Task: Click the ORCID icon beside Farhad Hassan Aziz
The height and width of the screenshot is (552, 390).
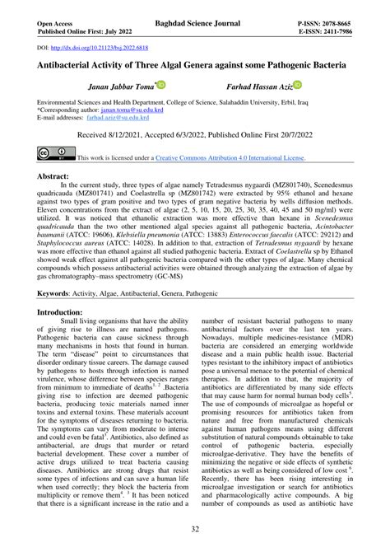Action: point(298,85)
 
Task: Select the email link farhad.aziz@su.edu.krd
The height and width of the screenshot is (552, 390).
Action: point(115,116)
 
